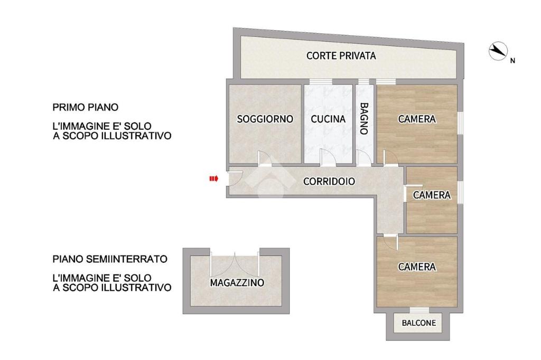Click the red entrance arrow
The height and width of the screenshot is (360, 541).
click(x=214, y=178)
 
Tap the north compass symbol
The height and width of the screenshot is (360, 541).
click(x=498, y=51)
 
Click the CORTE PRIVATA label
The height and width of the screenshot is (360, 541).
click(x=341, y=55)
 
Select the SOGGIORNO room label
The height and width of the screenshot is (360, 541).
click(x=265, y=119)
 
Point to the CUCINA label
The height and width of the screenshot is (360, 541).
click(x=328, y=119)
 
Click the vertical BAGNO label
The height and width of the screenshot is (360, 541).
click(x=364, y=118)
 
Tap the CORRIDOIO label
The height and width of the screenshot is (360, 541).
click(x=329, y=181)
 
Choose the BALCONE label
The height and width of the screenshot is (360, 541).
click(x=419, y=323)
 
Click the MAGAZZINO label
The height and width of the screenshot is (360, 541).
click(x=237, y=283)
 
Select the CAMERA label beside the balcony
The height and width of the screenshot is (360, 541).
click(x=417, y=267)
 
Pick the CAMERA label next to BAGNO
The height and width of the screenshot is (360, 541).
click(x=417, y=119)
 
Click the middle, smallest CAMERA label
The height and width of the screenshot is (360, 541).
click(x=432, y=195)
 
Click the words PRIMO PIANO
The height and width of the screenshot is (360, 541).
click(x=85, y=107)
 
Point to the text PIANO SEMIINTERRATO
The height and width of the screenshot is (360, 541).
click(x=110, y=259)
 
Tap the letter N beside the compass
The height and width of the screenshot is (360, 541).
click(x=512, y=61)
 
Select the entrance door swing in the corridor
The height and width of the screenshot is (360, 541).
click(x=237, y=178)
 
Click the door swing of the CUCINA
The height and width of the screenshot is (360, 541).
click(x=328, y=158)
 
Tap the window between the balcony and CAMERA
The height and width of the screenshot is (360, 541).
click(x=419, y=310)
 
